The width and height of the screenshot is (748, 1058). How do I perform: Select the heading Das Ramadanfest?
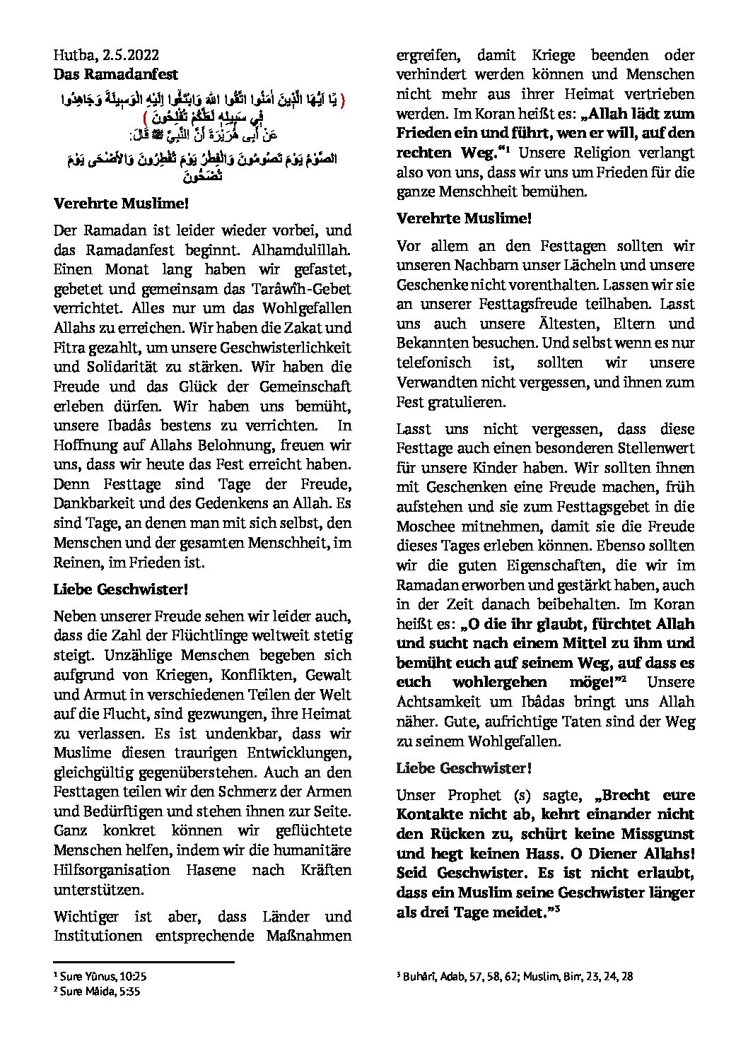[x=116, y=74]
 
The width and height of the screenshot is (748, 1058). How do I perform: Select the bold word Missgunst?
[x=652, y=834]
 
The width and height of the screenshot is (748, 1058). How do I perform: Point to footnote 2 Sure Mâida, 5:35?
[x=98, y=991]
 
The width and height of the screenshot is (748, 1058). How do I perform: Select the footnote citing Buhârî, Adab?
[x=515, y=977]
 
